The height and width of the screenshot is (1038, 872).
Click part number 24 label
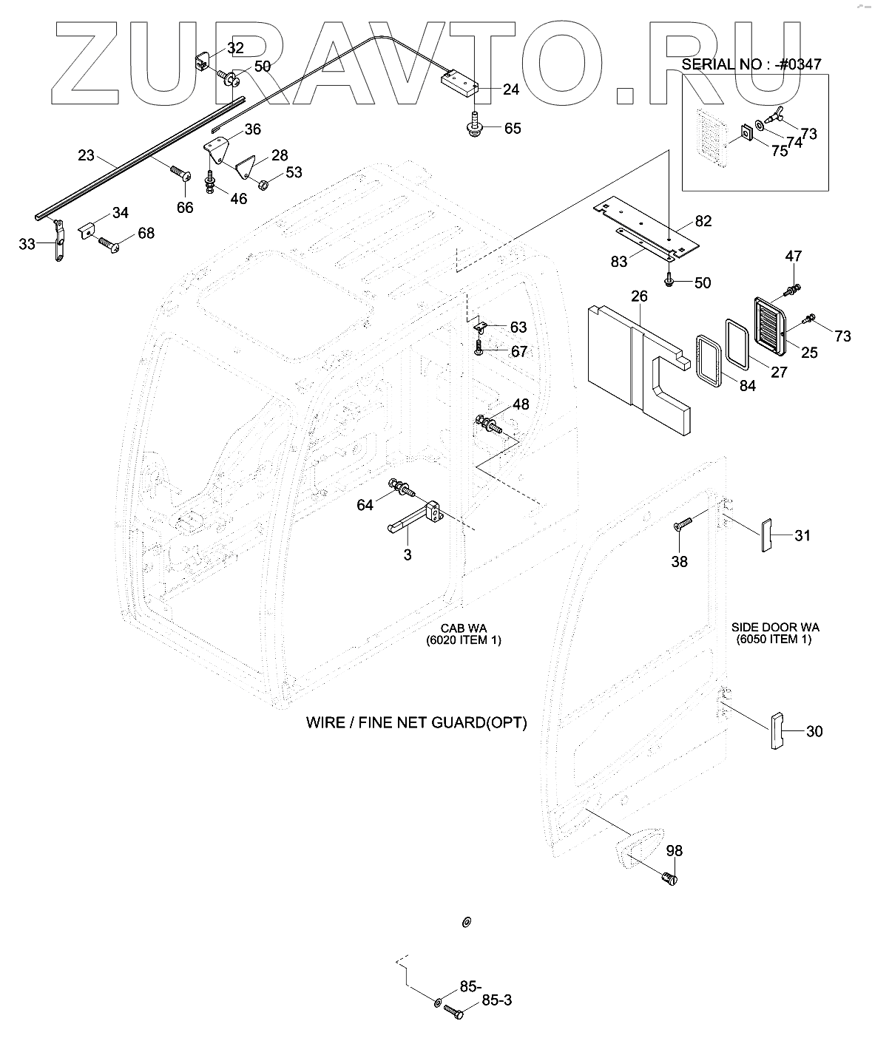510,89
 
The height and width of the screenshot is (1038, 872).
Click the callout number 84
748,384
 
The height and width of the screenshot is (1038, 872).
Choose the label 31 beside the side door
802,535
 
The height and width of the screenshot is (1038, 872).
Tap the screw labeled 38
681,526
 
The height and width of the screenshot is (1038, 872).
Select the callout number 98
673,851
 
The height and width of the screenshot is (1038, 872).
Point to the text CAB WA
464,628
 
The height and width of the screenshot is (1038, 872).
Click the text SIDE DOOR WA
774,627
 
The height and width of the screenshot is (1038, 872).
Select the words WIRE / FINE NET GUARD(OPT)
416,722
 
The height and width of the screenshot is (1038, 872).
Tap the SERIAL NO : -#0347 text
751,64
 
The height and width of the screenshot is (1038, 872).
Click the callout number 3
408,554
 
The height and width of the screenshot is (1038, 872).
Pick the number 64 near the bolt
365,504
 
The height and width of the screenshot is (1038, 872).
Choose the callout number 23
86,155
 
